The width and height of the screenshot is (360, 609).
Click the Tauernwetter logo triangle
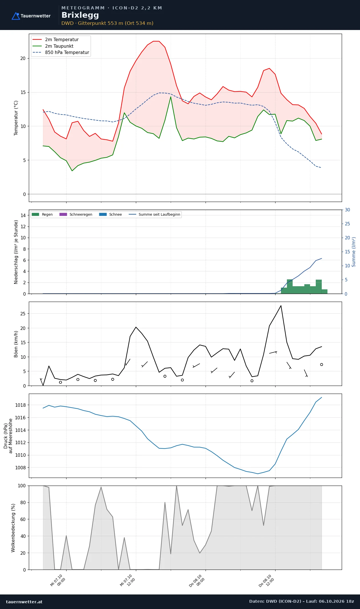[16, 16]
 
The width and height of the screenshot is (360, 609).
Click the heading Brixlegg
[80, 15]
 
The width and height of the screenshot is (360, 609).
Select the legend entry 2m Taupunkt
[53, 46]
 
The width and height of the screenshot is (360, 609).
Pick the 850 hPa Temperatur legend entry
[61, 53]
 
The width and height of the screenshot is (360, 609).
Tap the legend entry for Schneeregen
[76, 215]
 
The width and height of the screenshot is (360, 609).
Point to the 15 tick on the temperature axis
[23, 92]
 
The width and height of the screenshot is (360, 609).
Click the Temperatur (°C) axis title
[16, 118]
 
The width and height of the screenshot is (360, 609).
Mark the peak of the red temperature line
[156, 41]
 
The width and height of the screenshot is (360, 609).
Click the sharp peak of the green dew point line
[171, 97]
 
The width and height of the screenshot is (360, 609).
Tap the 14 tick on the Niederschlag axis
[23, 215]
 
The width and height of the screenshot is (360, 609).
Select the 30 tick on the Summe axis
[347, 210]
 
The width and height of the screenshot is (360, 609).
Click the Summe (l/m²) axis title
[354, 252]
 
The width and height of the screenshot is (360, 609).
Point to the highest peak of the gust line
[281, 306]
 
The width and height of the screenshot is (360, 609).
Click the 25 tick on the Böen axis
[23, 314]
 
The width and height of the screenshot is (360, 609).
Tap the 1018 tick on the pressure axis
[20, 405]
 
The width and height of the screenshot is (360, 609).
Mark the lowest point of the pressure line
[258, 474]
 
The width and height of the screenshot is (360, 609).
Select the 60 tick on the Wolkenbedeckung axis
[23, 519]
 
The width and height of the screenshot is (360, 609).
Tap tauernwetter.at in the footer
[24, 602]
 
